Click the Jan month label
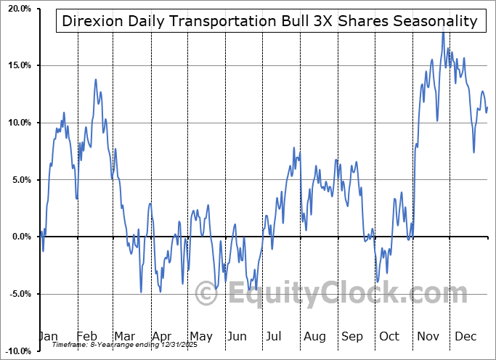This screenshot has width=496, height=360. tap(48, 337)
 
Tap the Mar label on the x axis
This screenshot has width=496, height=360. tap(124, 337)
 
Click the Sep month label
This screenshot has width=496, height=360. tap(352, 337)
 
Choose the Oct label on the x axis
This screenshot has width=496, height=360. tap(389, 337)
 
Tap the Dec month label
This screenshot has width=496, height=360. tap(465, 337)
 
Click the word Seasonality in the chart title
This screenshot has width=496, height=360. tap(439, 21)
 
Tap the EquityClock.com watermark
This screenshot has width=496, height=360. tap(338, 295)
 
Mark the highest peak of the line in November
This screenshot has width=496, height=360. tap(442, 33)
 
